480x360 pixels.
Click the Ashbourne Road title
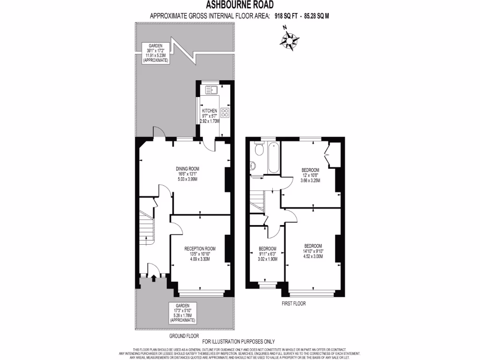(240, 6)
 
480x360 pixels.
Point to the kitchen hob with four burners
(225, 112)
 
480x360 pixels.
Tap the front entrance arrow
(153, 278)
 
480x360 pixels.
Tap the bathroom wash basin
(253, 165)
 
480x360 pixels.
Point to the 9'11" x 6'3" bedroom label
(267, 253)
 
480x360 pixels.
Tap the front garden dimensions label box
(183, 313)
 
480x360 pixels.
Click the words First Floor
(293, 303)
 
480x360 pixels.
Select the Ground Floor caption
(184, 336)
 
